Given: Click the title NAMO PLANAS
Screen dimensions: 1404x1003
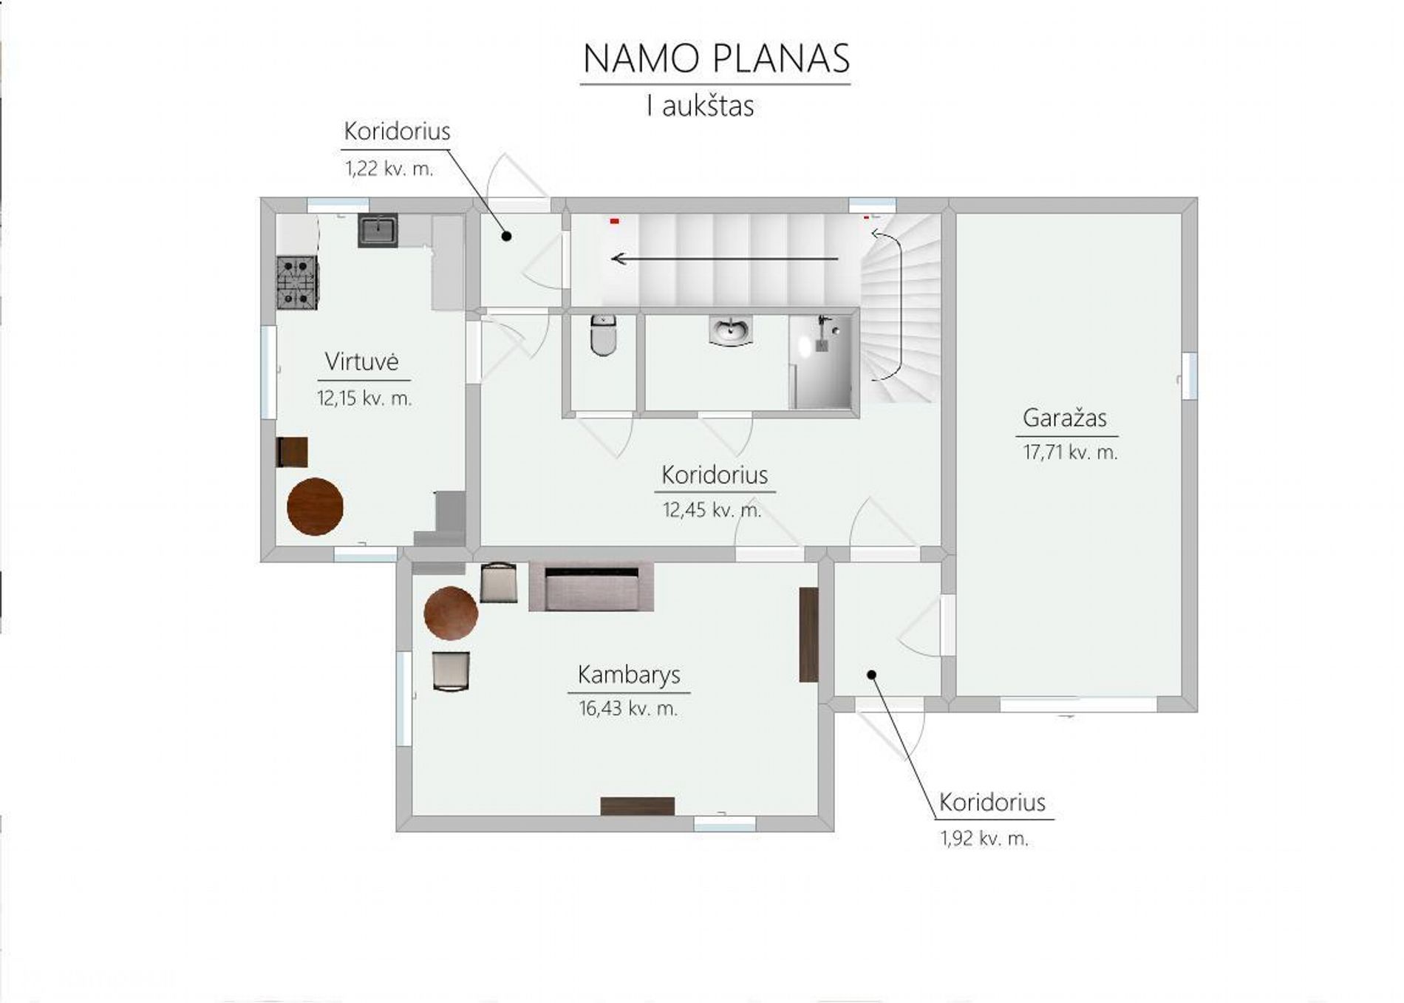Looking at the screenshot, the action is (716, 58).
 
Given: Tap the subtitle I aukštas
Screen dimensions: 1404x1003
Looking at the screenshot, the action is (700, 106).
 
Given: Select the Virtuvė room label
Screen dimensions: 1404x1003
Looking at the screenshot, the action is (362, 361).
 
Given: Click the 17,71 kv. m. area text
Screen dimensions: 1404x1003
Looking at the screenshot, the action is (1070, 452).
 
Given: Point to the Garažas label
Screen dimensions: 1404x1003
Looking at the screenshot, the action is (1065, 418).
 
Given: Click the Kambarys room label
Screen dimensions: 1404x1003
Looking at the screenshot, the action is (629, 675).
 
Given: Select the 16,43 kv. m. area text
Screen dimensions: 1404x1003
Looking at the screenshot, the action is (628, 709).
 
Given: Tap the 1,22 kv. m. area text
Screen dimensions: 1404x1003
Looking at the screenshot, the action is (389, 169).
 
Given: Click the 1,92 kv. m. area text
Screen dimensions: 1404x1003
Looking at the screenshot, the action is (984, 838).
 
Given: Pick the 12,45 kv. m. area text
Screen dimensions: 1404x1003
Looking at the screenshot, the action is (712, 509).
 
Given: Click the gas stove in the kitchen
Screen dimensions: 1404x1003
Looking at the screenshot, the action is (298, 282).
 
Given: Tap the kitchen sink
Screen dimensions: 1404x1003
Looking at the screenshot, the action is (378, 230).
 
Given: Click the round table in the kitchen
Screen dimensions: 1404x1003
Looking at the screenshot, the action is (315, 506).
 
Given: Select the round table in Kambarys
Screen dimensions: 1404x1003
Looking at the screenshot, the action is (451, 613).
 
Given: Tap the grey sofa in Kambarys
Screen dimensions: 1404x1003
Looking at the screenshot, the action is (591, 587).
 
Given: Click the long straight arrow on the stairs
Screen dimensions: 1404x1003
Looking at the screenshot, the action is (725, 259).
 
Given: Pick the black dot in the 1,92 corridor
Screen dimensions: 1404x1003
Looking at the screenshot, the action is (871, 674).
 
